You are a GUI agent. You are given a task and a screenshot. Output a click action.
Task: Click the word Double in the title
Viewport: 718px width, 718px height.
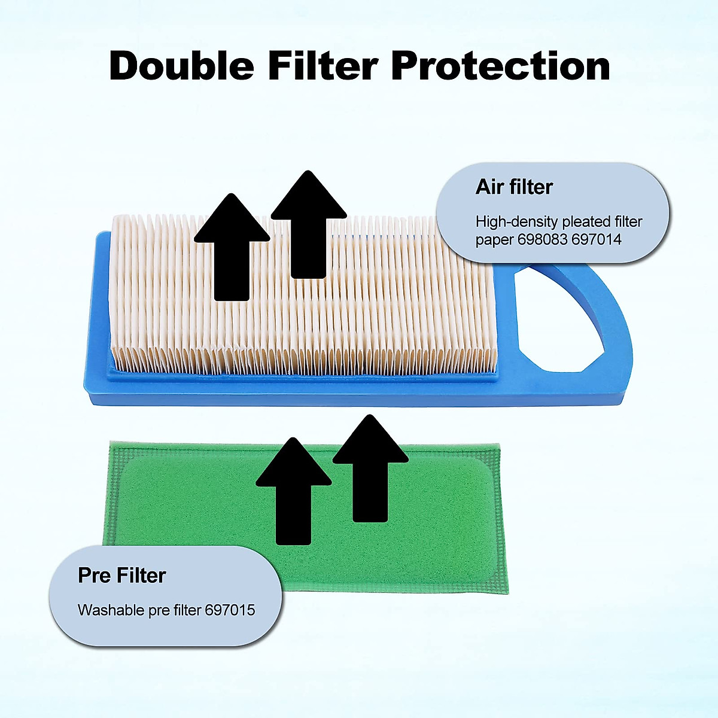coord(182,66)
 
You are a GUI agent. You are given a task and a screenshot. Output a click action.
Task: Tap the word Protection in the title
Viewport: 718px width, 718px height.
coord(500,66)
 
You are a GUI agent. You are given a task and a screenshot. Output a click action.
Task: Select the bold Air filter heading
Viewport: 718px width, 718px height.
coord(514,187)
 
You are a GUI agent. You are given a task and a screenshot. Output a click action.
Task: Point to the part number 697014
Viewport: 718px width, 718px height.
coord(596,239)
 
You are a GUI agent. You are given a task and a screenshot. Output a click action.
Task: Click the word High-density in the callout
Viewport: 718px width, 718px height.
coord(516,222)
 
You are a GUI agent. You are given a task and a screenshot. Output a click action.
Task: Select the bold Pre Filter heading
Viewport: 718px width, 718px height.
coord(122,575)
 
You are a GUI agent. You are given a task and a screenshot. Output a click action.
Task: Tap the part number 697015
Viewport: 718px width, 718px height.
coord(230,610)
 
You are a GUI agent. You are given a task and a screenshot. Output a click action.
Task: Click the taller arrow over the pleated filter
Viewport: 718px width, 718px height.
coord(309,224)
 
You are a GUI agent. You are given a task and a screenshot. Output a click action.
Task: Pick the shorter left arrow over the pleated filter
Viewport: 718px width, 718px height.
coord(232,247)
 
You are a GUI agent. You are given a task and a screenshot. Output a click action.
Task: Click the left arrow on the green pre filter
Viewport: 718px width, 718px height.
coord(294,491)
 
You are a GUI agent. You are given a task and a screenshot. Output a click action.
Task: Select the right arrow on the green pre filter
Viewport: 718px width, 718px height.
coord(370,468)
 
